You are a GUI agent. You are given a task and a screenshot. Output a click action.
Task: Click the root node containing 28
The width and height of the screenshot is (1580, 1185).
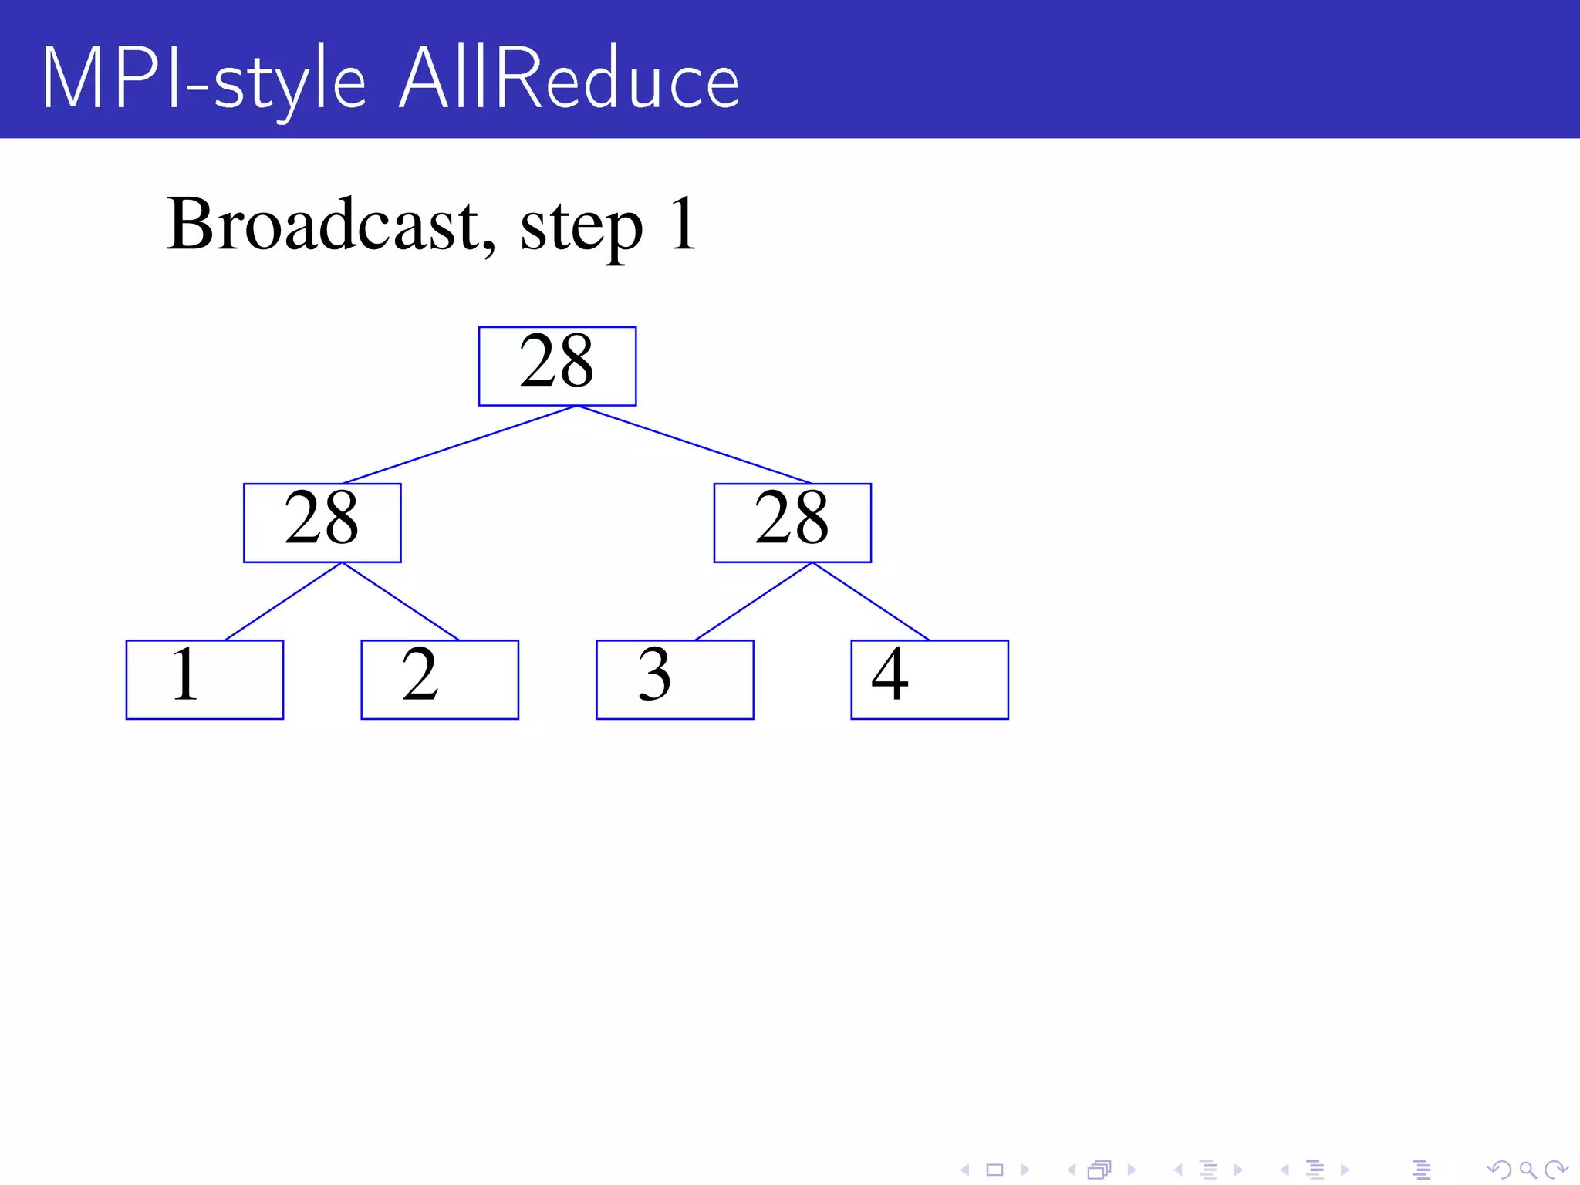[557, 366]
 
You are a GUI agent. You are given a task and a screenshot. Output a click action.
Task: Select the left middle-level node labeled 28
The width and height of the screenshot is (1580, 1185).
[322, 523]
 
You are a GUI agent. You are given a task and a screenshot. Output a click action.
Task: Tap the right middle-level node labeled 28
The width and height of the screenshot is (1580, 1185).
[792, 523]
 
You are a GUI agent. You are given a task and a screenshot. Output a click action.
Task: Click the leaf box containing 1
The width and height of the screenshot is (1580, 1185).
[204, 680]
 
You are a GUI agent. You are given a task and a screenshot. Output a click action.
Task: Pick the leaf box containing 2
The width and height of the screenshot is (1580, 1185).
[440, 680]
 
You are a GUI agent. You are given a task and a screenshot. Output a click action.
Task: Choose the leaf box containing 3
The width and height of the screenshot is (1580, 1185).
[674, 680]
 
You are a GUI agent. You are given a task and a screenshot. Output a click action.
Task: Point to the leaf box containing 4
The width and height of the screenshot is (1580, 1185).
[929, 680]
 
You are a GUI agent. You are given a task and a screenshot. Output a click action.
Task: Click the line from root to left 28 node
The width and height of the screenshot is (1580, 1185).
[460, 444]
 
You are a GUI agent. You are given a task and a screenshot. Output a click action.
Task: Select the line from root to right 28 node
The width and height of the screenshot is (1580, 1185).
[694, 444]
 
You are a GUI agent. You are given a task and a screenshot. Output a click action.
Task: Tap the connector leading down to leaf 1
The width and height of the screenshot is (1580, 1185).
[283, 602]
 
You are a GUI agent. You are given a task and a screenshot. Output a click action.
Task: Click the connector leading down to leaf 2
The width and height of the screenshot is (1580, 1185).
[400, 602]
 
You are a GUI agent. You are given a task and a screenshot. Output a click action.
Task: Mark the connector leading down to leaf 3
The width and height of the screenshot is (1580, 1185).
[754, 602]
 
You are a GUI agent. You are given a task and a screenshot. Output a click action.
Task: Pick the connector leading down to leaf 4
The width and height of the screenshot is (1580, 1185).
[871, 602]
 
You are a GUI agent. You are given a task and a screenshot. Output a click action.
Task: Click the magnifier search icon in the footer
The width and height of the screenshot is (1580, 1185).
[1528, 1170]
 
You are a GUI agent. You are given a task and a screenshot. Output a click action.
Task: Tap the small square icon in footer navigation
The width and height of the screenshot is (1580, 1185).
[994, 1170]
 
